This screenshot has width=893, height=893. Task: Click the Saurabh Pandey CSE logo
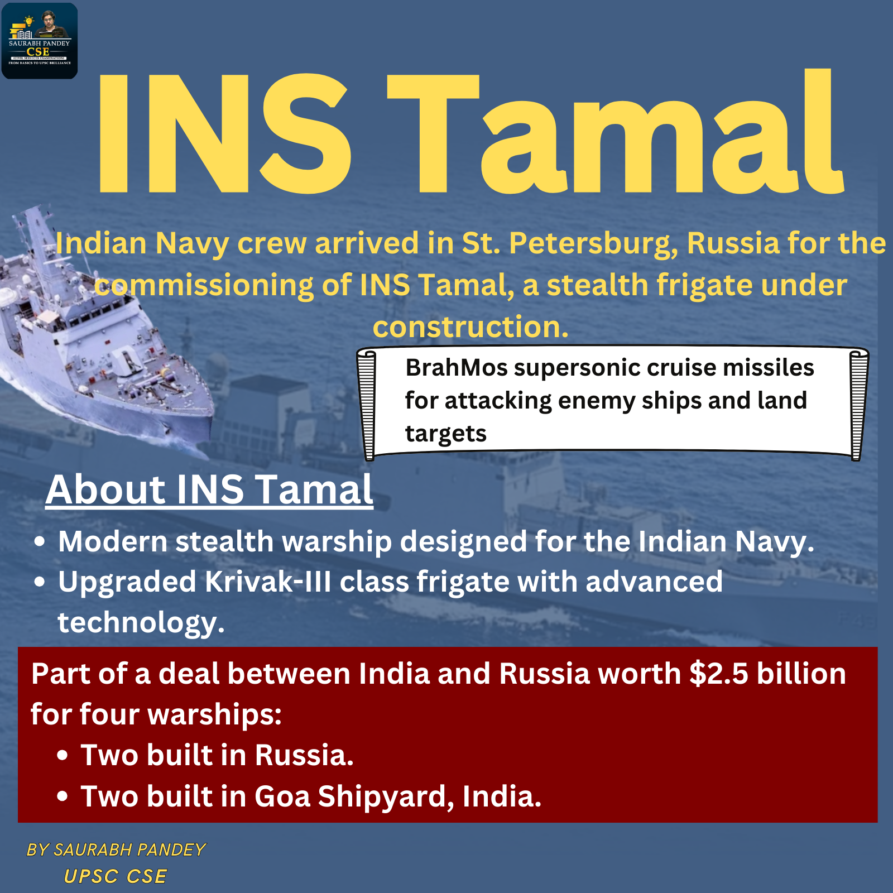coord(40,41)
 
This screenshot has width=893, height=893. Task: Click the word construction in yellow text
coord(470,327)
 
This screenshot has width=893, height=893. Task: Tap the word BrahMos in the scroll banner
coord(456,367)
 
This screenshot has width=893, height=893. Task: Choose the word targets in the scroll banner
coord(445,434)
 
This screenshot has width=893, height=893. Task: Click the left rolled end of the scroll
coord(367,404)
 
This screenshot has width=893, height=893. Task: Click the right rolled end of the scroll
coord(858,404)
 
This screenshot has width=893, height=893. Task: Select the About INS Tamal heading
coord(209,489)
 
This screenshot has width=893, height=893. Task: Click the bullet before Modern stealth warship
coord(39,541)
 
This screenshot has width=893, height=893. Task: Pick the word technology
coord(141,623)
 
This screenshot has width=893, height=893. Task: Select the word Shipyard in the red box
coord(386,797)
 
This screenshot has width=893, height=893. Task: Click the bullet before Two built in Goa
coord(63,796)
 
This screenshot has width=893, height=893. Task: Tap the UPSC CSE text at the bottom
coord(116,876)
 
